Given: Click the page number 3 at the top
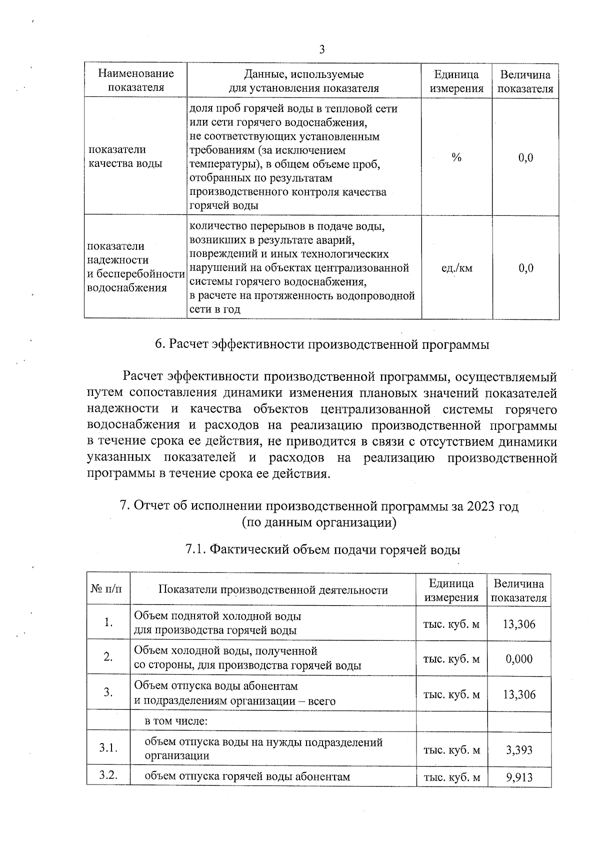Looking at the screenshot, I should coord(321,49).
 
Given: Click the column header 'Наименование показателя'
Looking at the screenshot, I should coord(136,81).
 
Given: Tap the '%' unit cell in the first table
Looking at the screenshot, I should coord(456,157).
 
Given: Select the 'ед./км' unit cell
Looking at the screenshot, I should coord(456,268).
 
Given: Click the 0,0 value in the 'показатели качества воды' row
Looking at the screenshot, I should coord(525,158).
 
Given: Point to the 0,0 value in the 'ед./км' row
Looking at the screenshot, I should coord(525,268).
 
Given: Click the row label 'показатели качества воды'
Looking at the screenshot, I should coord(125,156).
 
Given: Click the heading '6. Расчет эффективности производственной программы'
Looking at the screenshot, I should coord(321,344).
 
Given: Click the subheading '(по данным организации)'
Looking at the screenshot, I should coord(319,523).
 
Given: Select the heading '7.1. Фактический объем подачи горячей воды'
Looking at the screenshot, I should coord(322,550).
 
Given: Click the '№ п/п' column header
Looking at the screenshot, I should coord(107,589).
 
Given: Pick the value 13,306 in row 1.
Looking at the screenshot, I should coord(519,624).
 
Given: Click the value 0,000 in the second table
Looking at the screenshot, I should coord(519,659).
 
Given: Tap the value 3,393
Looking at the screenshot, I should coord(519,750).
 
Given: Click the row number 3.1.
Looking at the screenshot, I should coord(108,748).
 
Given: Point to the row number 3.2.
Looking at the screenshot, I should coord(108,776).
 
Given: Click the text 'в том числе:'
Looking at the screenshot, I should coord(176,721).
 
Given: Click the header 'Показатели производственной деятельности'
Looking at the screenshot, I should coord(273,590).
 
